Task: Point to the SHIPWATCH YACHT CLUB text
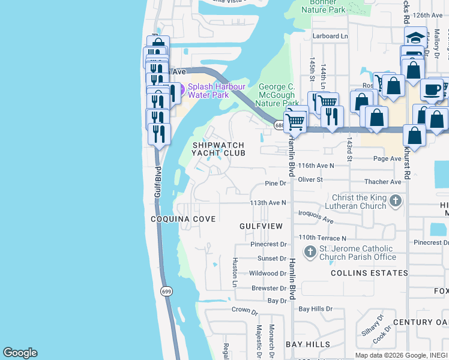click(x=218, y=149)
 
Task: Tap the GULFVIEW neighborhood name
click(x=261, y=226)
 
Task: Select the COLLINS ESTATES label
click(x=369, y=273)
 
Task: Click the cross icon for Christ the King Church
click(x=395, y=200)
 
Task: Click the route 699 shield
click(x=165, y=291)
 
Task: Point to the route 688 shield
click(x=280, y=125)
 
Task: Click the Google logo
click(x=20, y=353)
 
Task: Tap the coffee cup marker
click(x=431, y=90)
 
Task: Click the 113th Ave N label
click(x=268, y=203)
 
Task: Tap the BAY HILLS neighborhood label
click(x=307, y=344)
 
